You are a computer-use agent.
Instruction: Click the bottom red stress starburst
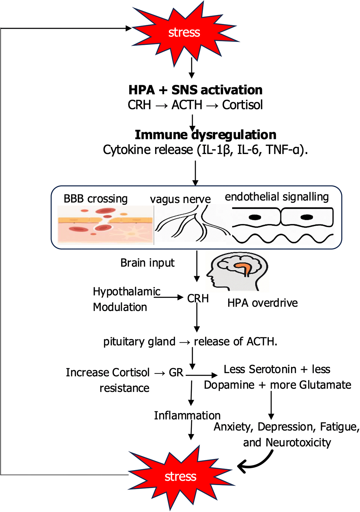(x=180, y=476)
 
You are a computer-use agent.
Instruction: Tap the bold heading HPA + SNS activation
(x=195, y=90)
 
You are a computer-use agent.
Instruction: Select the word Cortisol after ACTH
(x=242, y=105)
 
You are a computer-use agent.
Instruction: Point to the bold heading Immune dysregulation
(x=206, y=135)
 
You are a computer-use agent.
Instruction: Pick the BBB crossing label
(x=95, y=199)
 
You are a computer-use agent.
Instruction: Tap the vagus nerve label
(x=180, y=199)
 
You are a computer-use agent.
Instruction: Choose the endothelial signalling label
(x=277, y=197)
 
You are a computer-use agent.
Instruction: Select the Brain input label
(x=147, y=263)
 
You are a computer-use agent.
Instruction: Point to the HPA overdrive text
(x=263, y=303)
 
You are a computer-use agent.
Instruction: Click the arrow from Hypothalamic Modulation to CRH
(x=172, y=297)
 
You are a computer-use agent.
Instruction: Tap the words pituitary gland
(x=139, y=341)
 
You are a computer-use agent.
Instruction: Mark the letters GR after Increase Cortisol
(x=176, y=372)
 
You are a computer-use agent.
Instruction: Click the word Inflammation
(x=187, y=415)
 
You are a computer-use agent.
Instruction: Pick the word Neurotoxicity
(x=298, y=442)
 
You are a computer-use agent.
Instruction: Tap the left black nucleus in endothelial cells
(x=255, y=217)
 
